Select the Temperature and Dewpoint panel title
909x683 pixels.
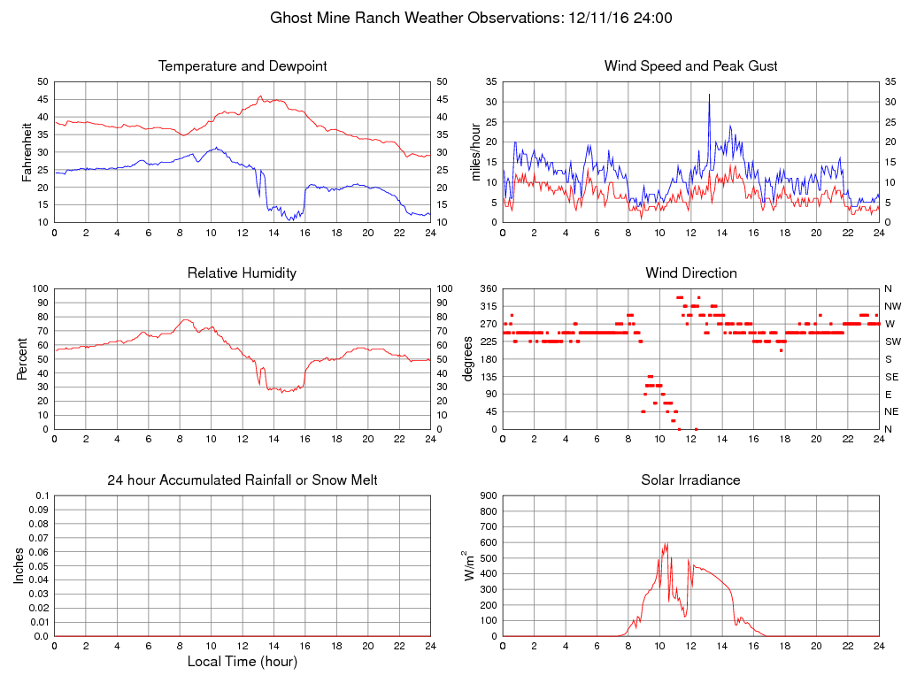pyautogui.click(x=243, y=66)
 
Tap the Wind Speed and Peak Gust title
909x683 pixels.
pyautogui.click(x=691, y=66)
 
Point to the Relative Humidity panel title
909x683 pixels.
pyautogui.click(x=243, y=273)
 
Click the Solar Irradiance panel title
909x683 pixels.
pyautogui.click(x=691, y=480)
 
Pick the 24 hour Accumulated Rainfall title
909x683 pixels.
pyautogui.click(x=243, y=480)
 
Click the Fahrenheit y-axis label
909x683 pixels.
pyautogui.click(x=27, y=152)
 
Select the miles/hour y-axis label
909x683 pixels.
pyautogui.click(x=476, y=152)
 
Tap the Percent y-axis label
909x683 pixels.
pyautogui.click(x=21, y=358)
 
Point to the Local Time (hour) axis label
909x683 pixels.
pyautogui.click(x=243, y=662)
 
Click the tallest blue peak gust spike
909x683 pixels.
pyautogui.click(x=709, y=95)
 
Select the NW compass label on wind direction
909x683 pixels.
pyautogui.click(x=892, y=306)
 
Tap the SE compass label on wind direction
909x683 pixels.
pyautogui.click(x=891, y=376)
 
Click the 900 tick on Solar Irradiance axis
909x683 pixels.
pyautogui.click(x=489, y=495)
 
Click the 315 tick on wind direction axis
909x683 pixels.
pyautogui.click(x=489, y=306)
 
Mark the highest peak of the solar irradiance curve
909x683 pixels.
pyautogui.click(x=666, y=543)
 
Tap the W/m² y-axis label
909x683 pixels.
pyautogui.click(x=469, y=565)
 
